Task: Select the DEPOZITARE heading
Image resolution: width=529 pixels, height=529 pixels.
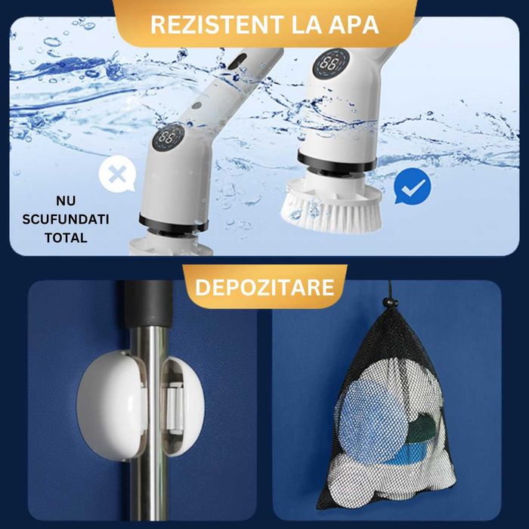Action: click(x=264, y=287)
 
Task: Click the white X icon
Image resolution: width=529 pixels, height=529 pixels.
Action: click(x=116, y=175)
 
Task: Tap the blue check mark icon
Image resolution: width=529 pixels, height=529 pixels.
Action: click(x=413, y=186)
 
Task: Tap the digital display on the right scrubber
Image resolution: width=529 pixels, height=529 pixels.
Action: click(x=329, y=64)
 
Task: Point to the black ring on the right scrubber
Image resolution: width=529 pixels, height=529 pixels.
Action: click(x=336, y=161)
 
